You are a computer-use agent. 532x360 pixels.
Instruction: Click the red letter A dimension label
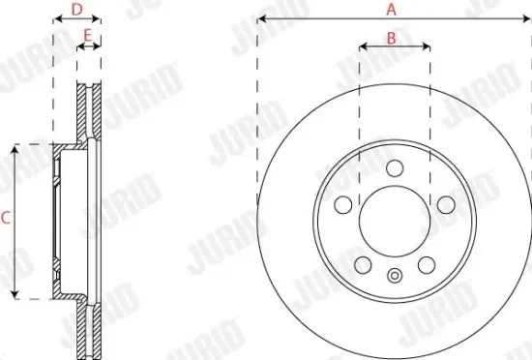coord(392,9)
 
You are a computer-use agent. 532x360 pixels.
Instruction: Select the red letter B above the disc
coord(392,38)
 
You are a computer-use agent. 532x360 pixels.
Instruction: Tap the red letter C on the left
coord(5,220)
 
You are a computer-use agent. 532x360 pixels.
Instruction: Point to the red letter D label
coord(77,9)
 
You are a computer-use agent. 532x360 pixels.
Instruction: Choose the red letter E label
coord(88,36)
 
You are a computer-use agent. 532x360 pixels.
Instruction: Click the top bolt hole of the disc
coord(394,168)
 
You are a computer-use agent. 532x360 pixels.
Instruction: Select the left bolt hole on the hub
coord(342,205)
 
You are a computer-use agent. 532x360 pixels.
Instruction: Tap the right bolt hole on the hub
coord(445,205)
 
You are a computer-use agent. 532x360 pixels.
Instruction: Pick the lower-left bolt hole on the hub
coord(362,265)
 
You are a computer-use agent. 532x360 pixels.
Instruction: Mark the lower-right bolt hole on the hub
coord(426,265)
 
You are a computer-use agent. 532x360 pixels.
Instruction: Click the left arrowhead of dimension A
coord(261,19)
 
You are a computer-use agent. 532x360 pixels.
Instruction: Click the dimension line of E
coord(88,46)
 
